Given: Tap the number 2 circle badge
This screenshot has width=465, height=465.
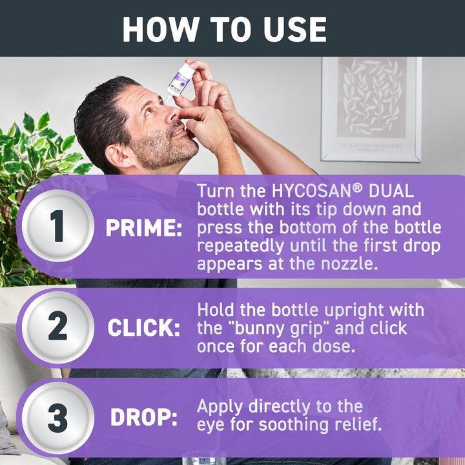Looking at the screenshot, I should click(57, 327).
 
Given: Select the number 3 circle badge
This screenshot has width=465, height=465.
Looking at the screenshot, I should click(57, 418).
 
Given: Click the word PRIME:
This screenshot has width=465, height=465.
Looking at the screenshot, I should click(144, 228).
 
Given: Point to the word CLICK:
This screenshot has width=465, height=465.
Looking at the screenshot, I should click(144, 328).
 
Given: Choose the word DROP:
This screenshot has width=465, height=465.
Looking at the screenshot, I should click(144, 418).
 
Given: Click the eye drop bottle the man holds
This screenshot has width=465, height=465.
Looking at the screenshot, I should click(179, 81).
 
